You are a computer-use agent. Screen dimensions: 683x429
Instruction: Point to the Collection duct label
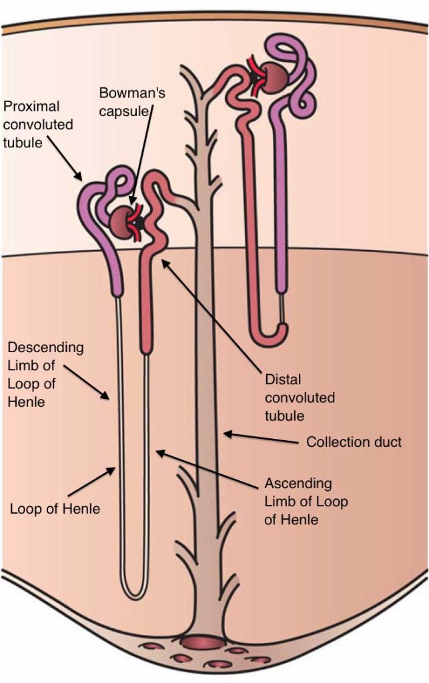(354, 442)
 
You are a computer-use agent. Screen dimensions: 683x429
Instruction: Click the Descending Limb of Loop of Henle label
(45, 375)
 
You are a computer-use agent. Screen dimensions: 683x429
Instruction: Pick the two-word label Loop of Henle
(55, 509)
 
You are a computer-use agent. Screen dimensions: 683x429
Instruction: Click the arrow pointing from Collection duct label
(260, 438)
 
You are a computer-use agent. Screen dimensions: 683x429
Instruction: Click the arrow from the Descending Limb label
(93, 388)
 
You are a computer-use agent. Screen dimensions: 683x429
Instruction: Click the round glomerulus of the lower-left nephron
(124, 219)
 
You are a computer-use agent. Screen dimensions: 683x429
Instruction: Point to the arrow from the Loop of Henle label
(94, 485)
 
